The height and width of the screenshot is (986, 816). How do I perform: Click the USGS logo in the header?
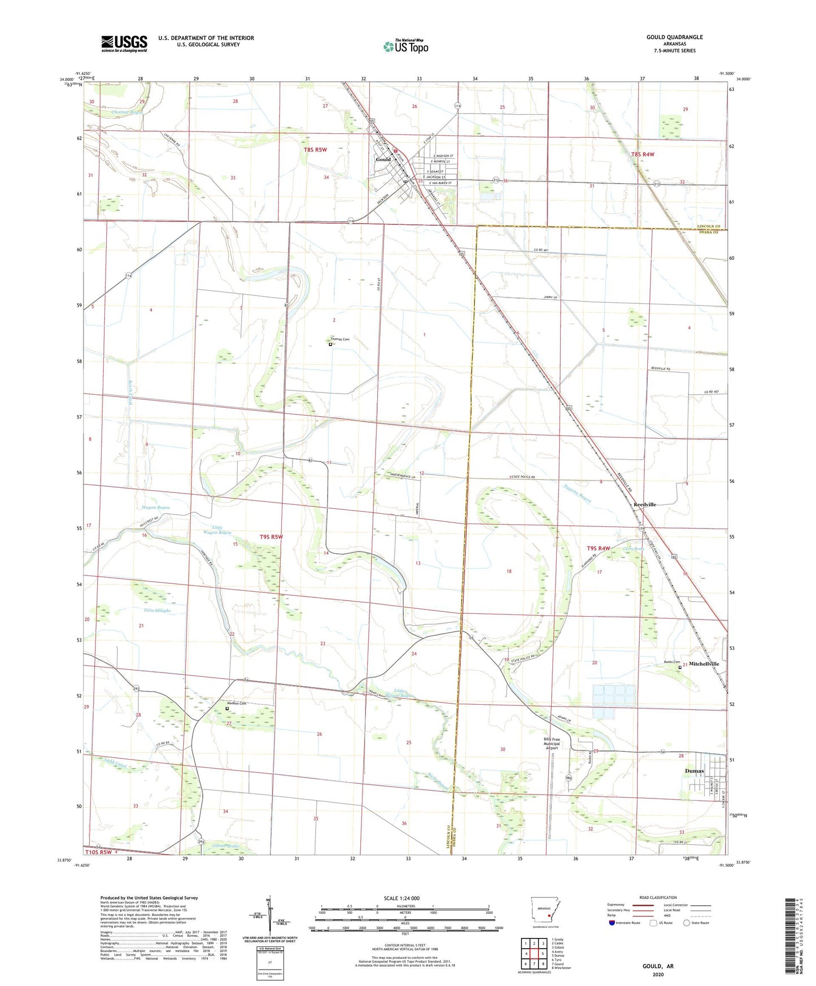tap(124, 43)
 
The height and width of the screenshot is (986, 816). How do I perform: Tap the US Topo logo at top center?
tap(405, 46)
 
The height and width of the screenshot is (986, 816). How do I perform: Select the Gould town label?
tap(383, 159)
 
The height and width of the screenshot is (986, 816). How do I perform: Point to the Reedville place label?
tap(644, 504)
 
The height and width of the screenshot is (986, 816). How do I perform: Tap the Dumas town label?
tap(694, 771)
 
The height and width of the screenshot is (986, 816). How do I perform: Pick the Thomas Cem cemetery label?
tap(340, 339)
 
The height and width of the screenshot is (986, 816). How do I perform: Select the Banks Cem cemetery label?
tap(671, 662)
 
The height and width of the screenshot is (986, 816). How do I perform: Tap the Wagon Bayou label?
tap(155, 508)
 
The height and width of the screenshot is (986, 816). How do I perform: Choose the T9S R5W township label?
tap(271, 536)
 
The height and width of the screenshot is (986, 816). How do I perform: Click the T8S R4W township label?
tap(643, 154)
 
